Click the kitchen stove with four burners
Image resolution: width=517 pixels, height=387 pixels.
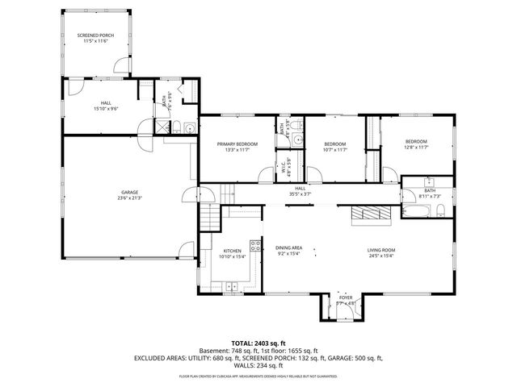(256, 245)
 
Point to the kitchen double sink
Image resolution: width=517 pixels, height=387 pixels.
(232, 285)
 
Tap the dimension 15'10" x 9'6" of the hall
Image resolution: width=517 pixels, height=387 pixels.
(106, 108)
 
